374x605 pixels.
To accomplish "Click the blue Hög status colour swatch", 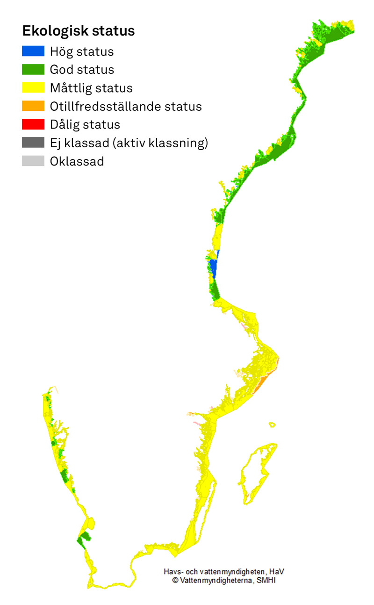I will coord(33,51).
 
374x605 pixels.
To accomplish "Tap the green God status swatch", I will coord(33,69).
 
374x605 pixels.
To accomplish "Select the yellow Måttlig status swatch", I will coord(33,87).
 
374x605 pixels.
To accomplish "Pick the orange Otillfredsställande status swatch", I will coord(33,106).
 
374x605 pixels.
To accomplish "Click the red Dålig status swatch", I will coord(33,124).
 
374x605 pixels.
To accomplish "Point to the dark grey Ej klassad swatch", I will coord(33,143).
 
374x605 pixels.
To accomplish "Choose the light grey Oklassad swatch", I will coord(33,161).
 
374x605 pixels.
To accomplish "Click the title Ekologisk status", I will coord(79,31).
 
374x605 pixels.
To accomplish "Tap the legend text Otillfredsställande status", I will coord(126,106).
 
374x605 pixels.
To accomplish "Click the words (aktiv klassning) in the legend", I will coord(160,143).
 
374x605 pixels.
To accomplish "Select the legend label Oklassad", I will coord(77,161).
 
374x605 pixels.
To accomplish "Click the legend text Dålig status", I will coord(85,124).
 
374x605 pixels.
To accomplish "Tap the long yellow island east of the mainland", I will coord(255,472).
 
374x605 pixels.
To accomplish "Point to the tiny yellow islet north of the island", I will coord(272,425).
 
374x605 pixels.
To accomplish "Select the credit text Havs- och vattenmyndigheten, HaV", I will coord(224,572).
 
